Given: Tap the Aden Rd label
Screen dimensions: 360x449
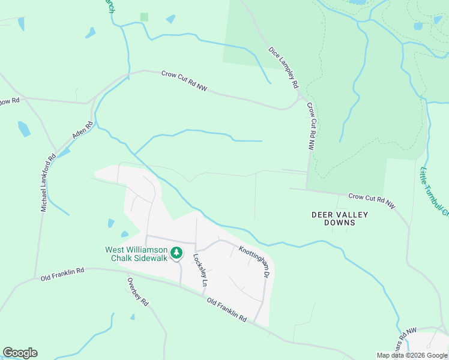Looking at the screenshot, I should tap(83, 131).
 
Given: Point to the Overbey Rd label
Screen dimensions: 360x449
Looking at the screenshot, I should tap(137, 291).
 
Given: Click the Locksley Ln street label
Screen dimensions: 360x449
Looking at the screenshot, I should tap(200, 269).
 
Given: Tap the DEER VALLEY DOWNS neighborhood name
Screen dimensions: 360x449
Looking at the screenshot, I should tap(340, 218).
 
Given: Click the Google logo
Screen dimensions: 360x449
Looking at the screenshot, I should tap(20, 353).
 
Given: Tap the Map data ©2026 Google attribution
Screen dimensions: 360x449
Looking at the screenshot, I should tap(412, 355).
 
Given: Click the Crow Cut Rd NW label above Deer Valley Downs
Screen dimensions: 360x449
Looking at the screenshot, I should tap(373, 200).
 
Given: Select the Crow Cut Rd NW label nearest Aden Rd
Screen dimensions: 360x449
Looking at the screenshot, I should tap(184, 82).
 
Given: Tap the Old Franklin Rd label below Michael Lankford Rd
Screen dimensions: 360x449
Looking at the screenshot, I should tap(62, 275).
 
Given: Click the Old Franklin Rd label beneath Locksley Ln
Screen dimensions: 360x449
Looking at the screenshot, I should tap(227, 310).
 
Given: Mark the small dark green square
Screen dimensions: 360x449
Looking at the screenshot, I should tap(144, 17).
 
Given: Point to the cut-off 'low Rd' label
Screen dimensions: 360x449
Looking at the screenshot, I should tap(10, 101).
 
